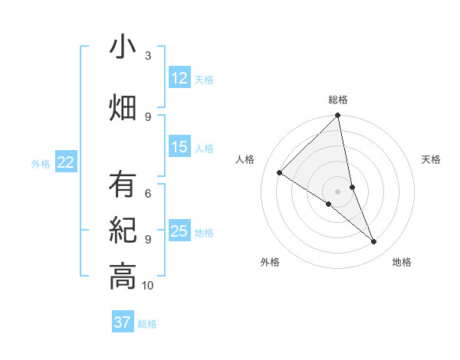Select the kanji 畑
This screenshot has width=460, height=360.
[x=123, y=108]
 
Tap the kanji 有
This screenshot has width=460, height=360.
[x=123, y=185]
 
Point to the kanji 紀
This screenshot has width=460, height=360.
[x=123, y=231]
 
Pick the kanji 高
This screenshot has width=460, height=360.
[x=123, y=277]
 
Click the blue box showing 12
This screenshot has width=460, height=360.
[x=179, y=78]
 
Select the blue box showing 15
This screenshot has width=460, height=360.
[x=179, y=147]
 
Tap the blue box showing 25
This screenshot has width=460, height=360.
[x=179, y=231]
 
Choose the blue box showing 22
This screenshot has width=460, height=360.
[x=66, y=162]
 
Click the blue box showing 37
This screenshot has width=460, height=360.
[x=123, y=322]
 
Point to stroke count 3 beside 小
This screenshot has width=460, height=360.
[x=148, y=56]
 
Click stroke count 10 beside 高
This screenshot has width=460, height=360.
[x=148, y=286]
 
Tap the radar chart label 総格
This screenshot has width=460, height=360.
[x=338, y=100]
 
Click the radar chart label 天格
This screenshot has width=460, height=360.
[x=432, y=159]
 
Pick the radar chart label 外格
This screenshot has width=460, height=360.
[x=270, y=262]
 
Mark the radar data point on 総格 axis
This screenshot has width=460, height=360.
[x=338, y=116]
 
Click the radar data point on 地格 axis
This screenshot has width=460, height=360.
[x=374, y=242]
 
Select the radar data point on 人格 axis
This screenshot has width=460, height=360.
[x=280, y=173]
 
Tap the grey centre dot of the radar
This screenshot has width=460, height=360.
[x=337, y=191]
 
